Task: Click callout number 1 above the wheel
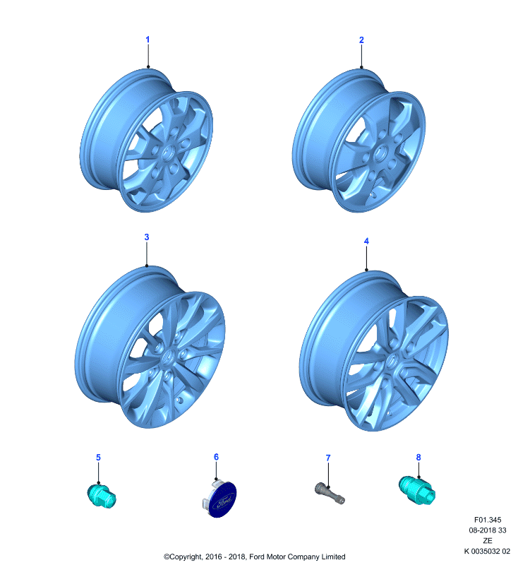(147, 40)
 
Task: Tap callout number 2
(361, 40)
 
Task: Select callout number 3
(147, 237)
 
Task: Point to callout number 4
(366, 241)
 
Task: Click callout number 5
(98, 457)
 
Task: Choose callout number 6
(216, 457)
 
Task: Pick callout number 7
(328, 458)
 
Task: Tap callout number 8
(418, 457)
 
